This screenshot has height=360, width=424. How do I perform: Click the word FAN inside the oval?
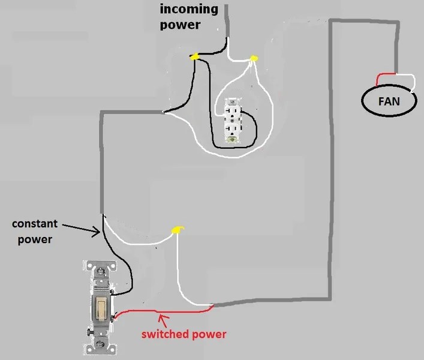389,101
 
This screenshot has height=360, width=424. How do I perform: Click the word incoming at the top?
189,10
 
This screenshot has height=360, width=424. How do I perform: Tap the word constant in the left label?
35,224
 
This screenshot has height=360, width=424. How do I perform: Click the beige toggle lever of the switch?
102,308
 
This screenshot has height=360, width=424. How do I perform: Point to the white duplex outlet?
232,120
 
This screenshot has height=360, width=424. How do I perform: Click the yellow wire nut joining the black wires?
194,56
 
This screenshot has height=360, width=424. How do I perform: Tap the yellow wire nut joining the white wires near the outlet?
254,58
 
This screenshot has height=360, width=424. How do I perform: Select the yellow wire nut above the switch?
178,230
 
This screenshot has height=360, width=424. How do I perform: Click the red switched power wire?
163,311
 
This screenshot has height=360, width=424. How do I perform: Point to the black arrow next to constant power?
81,229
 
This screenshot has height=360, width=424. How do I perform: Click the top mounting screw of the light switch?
100,270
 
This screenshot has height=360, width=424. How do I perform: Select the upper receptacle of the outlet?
232,112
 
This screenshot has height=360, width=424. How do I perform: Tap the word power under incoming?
180,25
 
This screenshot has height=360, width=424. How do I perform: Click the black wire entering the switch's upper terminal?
122,260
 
